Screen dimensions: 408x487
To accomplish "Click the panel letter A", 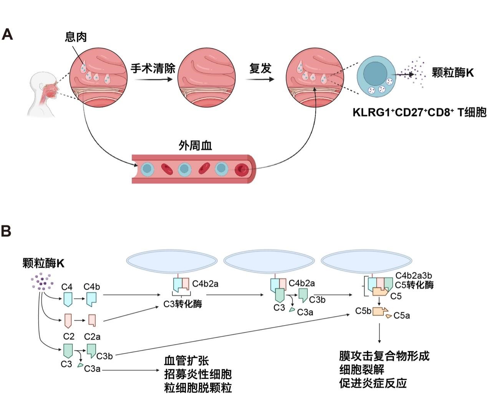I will tap(7, 35).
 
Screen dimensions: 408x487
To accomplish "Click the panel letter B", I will tap(6, 231).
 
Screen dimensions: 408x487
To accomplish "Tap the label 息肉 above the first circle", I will tap(76, 37).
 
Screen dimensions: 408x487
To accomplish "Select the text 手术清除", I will tap(153, 68).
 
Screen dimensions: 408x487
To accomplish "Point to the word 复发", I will tap(260, 68).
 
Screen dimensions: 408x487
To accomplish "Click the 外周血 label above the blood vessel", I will tap(195, 146).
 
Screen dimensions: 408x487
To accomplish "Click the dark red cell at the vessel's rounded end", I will tap(242, 169).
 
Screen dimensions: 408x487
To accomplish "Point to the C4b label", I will tap(92, 287).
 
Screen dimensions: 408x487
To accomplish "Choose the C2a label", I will tap(92, 337).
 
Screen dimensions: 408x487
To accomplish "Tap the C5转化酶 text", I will tap(414, 285).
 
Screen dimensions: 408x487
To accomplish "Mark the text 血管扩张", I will tap(186, 360).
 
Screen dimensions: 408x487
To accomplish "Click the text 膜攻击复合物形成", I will tap(384, 356).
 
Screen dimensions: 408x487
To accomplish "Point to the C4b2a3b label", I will tap(413, 275).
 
